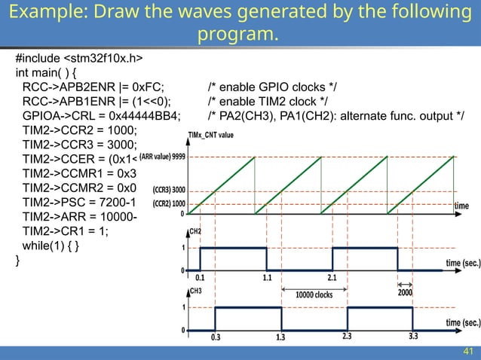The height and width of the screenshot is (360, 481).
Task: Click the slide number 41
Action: tap(467, 351)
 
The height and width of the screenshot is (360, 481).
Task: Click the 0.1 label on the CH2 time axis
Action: tap(200, 276)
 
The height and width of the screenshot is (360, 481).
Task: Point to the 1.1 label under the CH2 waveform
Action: tap(267, 276)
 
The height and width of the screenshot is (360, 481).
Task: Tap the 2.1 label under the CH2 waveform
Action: tap(332, 276)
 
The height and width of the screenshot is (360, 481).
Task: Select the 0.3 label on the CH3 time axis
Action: tap(216, 337)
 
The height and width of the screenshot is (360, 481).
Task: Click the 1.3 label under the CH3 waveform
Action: tap(281, 337)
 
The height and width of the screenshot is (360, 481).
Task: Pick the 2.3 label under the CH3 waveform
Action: tap(348, 336)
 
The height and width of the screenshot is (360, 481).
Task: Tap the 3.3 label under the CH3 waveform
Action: tap(414, 336)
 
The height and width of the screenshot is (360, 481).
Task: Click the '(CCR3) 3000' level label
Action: tap(171, 191)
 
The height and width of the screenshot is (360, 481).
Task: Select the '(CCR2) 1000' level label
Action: tap(171, 203)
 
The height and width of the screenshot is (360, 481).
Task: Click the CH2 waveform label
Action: tap(194, 232)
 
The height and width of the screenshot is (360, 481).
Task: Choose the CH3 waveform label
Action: tap(195, 291)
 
